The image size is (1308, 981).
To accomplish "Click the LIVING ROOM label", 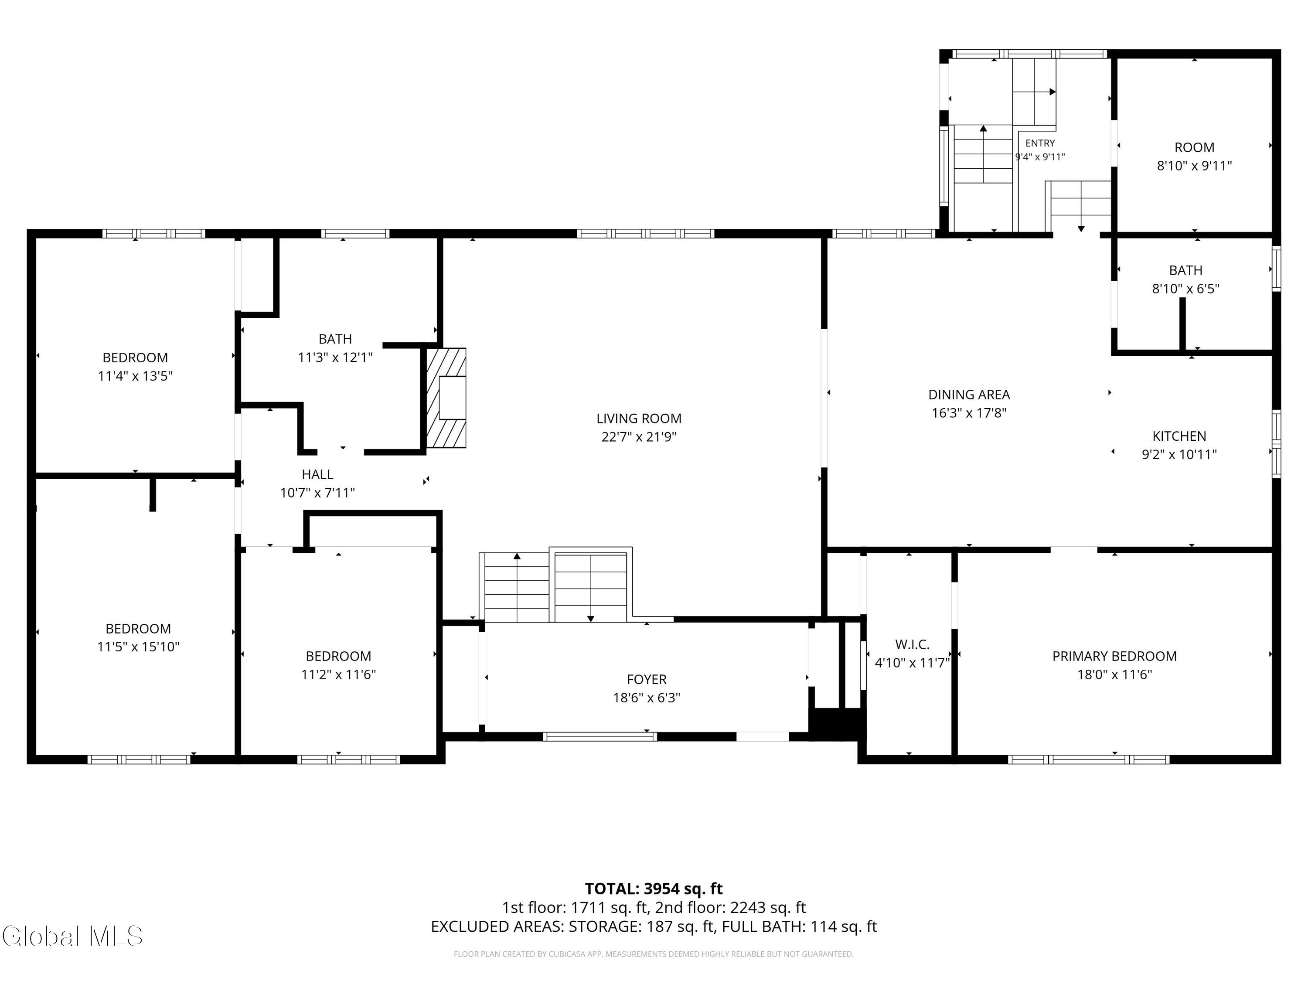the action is coord(639,419).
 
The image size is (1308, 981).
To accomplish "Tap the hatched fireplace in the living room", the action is coord(446,397).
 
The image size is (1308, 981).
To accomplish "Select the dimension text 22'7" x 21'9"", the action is coord(639,437).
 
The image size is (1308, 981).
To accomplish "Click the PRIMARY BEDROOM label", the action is coord(1114,656).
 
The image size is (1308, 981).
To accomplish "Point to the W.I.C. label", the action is coord(912,644).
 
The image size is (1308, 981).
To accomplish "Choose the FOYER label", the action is coord(646,679).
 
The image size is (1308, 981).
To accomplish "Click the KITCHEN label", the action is coord(1179,436).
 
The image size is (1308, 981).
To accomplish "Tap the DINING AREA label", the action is coord(969,395).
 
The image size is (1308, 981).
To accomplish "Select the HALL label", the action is coord(317,474).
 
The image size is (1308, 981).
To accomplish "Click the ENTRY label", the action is coord(1040,143).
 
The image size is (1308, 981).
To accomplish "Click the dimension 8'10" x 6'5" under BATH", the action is coord(1185,289).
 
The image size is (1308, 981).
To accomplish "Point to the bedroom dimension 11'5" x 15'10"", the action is coord(138,647).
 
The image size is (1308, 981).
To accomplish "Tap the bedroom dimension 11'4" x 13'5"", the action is coord(136,376).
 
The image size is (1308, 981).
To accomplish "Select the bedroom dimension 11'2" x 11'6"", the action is coord(338,674).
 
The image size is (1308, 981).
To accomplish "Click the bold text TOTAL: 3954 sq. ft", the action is coord(654,889).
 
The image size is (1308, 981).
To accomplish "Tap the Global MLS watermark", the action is coord(72,936).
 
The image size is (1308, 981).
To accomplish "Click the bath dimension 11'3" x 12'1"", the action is coord(335,357).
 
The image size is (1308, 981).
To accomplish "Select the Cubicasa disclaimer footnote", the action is coord(654,954).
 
